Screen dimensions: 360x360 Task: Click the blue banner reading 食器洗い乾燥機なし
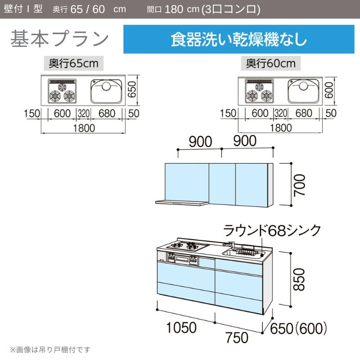point(239,39)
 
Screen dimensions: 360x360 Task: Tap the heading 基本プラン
point(59,38)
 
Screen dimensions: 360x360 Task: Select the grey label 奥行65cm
point(74,63)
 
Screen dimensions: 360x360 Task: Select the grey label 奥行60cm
point(271,63)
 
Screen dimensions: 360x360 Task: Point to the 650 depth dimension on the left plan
point(132,90)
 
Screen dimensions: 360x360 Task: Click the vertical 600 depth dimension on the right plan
point(329,90)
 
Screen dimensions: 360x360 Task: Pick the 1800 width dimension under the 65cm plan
point(84,128)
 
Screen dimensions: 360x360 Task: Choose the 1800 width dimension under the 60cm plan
point(281,128)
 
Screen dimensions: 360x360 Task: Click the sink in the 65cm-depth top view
point(106,91)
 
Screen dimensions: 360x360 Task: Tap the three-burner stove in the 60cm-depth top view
point(260,91)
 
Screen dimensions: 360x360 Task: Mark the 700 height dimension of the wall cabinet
point(300,185)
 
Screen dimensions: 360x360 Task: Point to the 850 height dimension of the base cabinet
point(299,279)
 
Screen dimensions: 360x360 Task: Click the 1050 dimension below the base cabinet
point(181,328)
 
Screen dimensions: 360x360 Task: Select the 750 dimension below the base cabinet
point(237,337)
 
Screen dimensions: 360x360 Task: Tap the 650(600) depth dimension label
point(298,328)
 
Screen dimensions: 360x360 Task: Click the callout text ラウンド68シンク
point(272,230)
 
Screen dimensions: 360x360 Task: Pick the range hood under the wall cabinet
point(182,203)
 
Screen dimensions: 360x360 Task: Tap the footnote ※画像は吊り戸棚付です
point(50,350)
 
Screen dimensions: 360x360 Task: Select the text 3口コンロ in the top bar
point(230,9)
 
